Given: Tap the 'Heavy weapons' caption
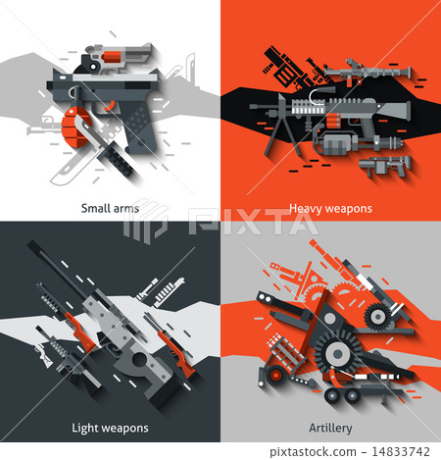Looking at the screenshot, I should (x=329, y=208).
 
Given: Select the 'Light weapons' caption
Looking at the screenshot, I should (x=110, y=428).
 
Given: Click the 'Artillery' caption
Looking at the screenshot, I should (x=329, y=428).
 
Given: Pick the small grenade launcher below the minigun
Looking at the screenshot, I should (x=379, y=163).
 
